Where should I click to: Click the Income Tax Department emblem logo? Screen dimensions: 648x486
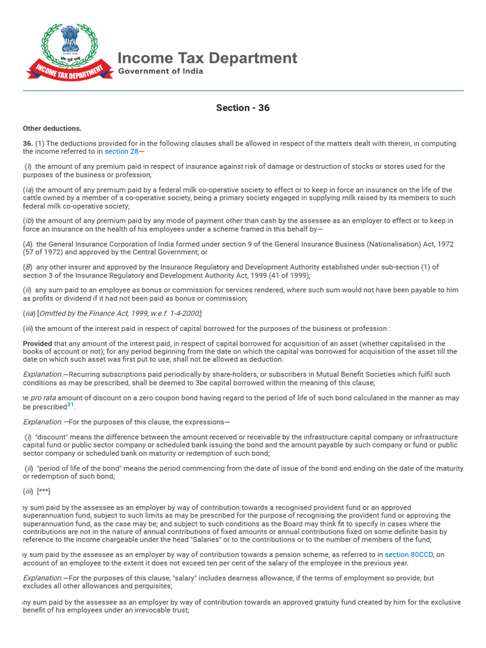tap(66, 51)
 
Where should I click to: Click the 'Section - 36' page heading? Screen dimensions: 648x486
tap(242, 108)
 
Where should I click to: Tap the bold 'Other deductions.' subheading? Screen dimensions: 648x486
tap(52, 128)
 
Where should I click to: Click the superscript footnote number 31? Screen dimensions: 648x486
tap(70, 405)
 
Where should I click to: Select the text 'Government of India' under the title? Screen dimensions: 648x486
tap(161, 72)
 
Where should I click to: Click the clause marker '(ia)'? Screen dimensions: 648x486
tap(28, 190)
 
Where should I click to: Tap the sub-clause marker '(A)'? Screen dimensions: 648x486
tap(28, 244)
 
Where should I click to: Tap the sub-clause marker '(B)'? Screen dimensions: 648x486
tap(28, 267)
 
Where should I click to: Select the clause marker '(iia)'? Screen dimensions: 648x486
tap(29, 313)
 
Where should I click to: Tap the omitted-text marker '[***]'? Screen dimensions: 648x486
tap(44, 492)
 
